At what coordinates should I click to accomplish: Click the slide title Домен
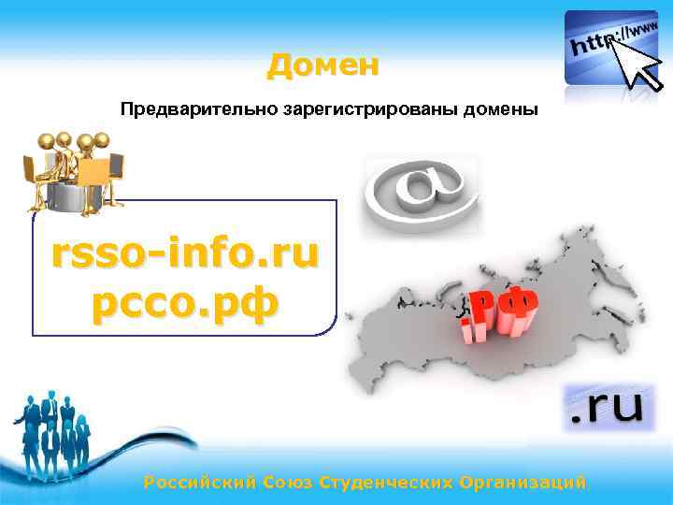[322, 65]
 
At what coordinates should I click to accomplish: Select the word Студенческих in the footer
[386, 483]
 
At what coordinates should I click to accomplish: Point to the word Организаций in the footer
[523, 483]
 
